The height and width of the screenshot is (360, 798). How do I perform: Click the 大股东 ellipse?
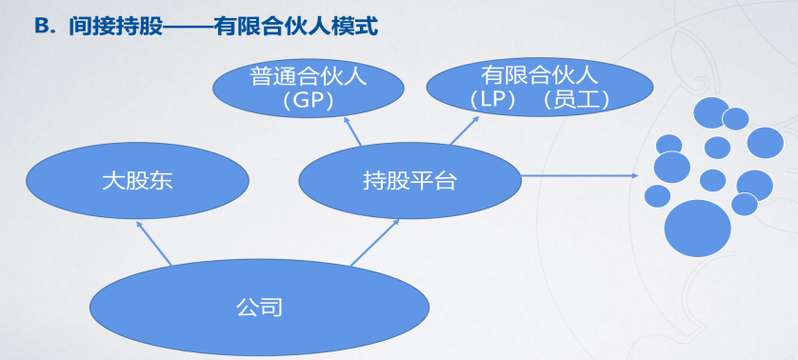pos(137,181)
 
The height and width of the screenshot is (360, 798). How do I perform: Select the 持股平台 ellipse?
pos(410,181)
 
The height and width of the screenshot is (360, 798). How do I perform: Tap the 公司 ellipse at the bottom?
pos(260,307)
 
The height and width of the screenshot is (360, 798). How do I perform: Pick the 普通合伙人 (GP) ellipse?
pos(309,89)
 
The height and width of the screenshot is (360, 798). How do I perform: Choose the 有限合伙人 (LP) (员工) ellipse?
pos(540,87)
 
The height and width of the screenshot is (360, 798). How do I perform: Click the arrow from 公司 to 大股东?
pos(154,243)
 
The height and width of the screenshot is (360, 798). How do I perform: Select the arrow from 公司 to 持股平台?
pos(374,243)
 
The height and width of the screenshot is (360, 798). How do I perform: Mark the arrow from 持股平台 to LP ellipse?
pos(464,130)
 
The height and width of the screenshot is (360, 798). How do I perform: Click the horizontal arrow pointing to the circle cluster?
pos(580,175)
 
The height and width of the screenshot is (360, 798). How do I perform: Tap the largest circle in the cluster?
pos(697,229)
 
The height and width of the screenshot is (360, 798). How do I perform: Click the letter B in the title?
pos(41,27)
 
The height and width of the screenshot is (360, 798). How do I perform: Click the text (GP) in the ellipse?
pos(309,101)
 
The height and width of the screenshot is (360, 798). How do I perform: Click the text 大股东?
pos(137,181)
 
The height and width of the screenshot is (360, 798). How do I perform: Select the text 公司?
pos(260,307)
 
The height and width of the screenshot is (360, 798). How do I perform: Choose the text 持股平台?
pos(410,181)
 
